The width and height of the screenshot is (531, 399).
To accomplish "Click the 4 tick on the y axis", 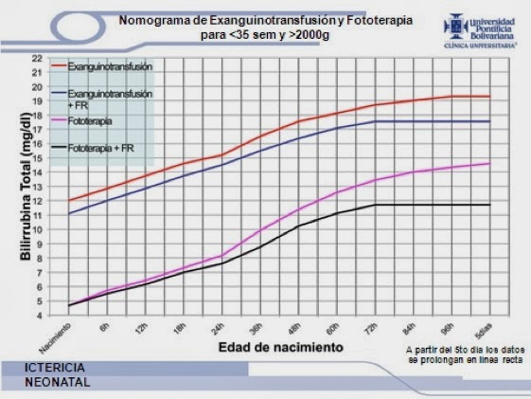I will [39, 315].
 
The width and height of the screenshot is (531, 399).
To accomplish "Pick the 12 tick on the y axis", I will [37, 201].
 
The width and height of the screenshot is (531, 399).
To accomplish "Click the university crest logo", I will [446, 28].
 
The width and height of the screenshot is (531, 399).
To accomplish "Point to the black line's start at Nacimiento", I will [69, 305].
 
